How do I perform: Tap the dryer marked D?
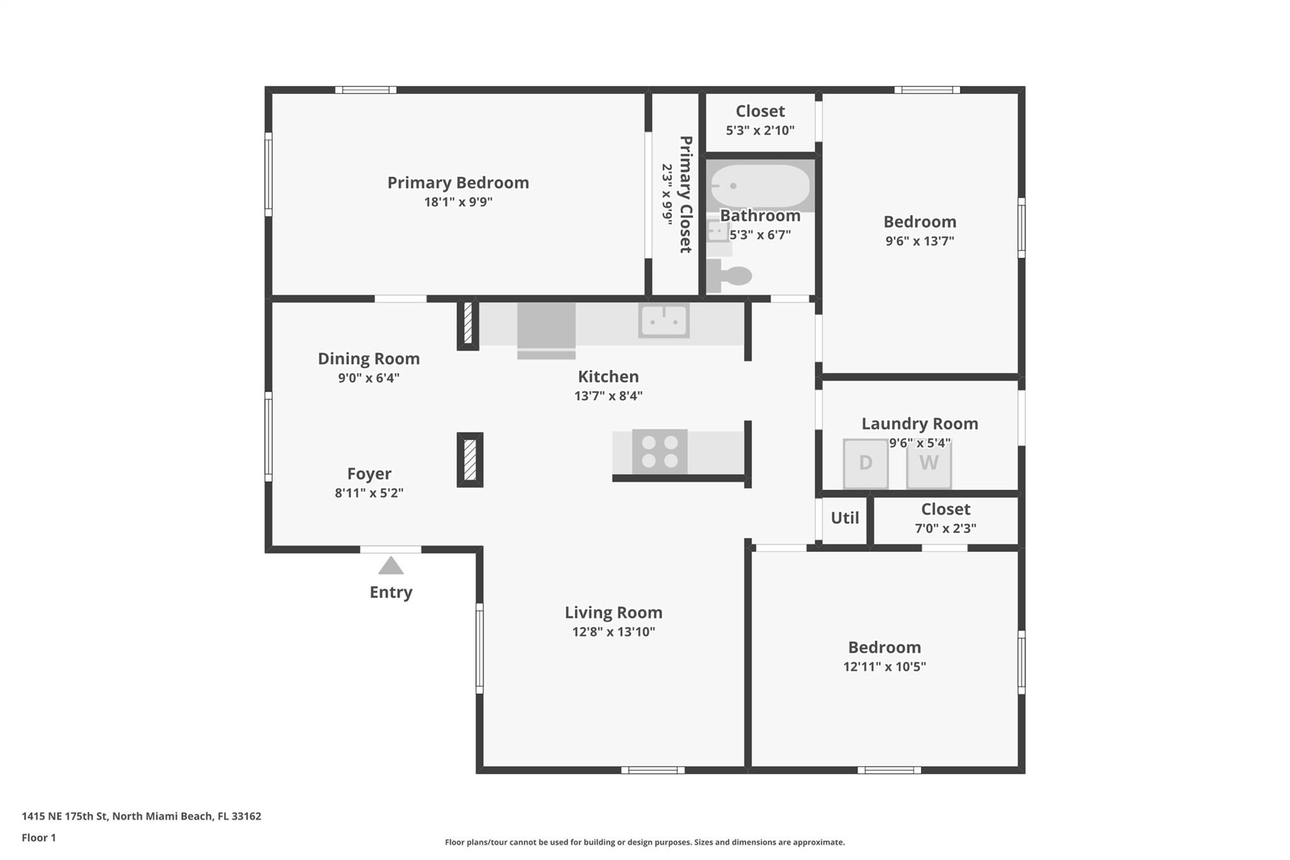click(865, 463)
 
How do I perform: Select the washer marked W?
click(928, 463)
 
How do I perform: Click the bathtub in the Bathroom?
click(760, 186)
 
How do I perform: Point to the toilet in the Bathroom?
click(729, 276)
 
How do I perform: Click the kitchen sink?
click(663, 320)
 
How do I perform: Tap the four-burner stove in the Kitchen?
click(659, 452)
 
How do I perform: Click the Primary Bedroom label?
click(458, 183)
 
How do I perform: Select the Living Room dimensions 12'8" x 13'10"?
click(614, 632)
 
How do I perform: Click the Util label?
click(845, 518)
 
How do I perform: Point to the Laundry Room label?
click(920, 423)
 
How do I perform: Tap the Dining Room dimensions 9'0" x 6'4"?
click(368, 378)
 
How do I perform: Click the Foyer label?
click(369, 474)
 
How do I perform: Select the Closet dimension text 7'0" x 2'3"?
click(945, 529)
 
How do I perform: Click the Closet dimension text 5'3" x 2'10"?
click(760, 130)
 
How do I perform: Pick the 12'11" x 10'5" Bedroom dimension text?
click(884, 667)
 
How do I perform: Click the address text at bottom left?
click(142, 816)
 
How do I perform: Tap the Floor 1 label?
click(39, 837)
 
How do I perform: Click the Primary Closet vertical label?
click(685, 195)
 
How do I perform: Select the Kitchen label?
click(608, 377)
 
